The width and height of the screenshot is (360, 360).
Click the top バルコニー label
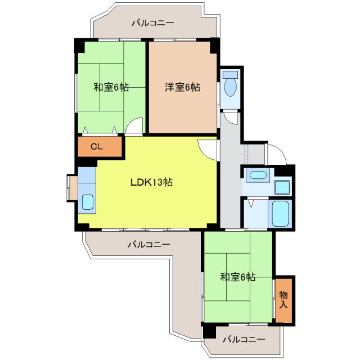[x=152, y=23]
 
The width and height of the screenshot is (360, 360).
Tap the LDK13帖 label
[x=151, y=182]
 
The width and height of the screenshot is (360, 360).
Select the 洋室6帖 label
[x=182, y=87]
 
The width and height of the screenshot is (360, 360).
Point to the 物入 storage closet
[x=284, y=300]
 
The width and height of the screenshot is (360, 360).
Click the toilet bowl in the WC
[x=229, y=87]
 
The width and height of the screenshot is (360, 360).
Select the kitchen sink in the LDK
[x=88, y=201]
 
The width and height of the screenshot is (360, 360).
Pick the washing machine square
[x=282, y=186]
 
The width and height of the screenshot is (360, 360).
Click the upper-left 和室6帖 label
[x=111, y=87]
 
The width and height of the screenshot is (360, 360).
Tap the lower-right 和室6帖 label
[x=237, y=277]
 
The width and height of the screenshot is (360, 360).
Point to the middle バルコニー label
[x=148, y=245]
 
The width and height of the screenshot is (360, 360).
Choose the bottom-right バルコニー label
[x=243, y=339]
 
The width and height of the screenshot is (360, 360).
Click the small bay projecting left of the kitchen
[x=72, y=188]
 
